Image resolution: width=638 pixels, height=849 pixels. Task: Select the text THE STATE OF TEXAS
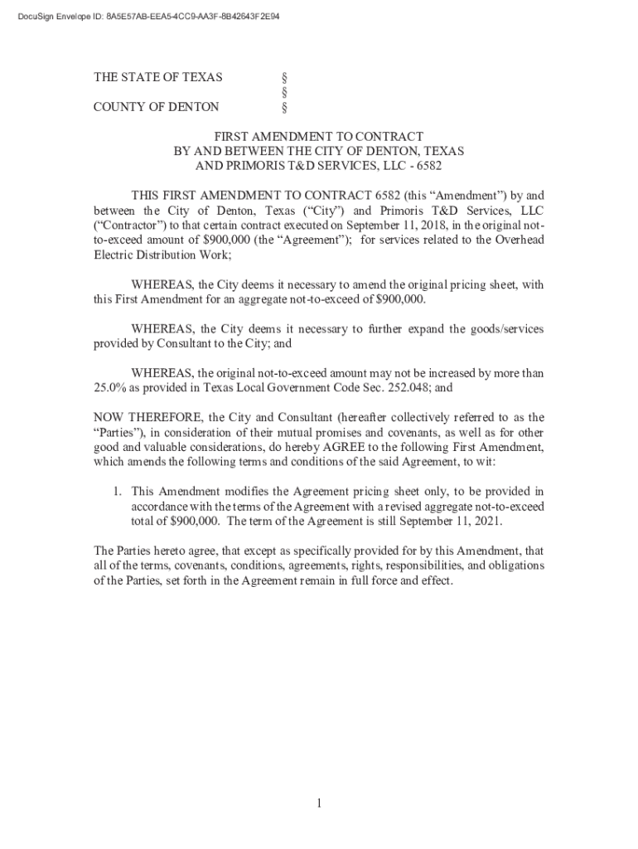[x=157, y=77]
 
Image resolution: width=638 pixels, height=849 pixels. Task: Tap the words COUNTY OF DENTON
[x=156, y=107]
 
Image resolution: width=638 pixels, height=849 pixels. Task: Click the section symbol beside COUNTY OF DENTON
[x=285, y=107]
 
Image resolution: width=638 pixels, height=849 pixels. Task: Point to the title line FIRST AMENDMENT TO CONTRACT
[x=319, y=136]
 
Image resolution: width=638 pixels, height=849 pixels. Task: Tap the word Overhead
[x=518, y=240]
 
